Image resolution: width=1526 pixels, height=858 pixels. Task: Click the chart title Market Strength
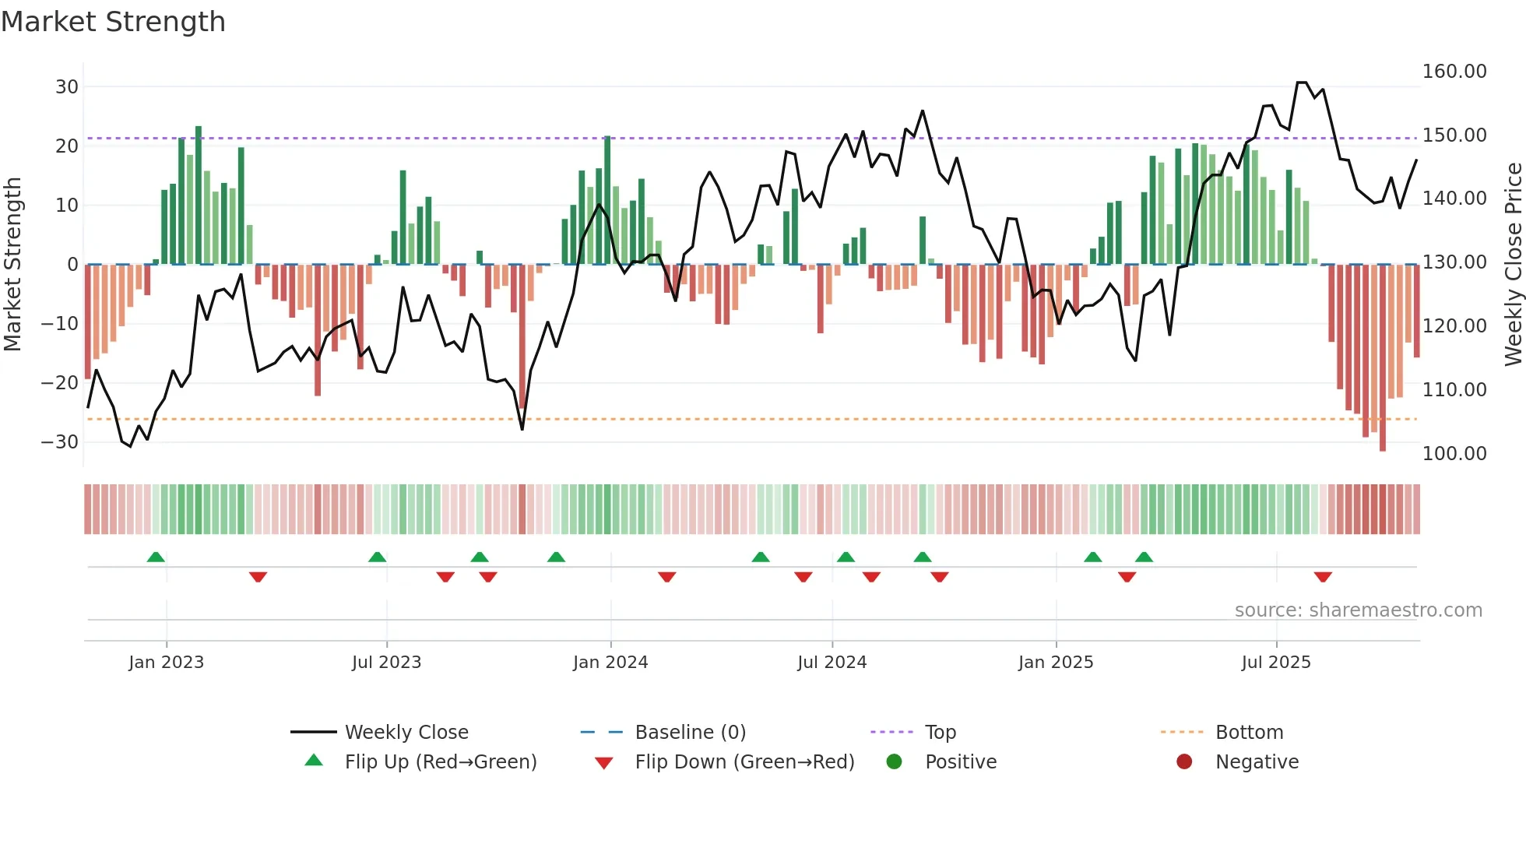[113, 22]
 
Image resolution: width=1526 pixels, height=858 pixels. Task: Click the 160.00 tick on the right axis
[1454, 72]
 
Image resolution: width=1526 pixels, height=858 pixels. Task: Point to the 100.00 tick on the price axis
[1454, 454]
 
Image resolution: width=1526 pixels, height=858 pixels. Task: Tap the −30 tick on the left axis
[60, 442]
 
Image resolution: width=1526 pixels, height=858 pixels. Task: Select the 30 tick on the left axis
[67, 87]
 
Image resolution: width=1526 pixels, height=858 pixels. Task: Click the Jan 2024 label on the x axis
[610, 663]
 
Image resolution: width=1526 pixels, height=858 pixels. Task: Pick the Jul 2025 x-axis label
[1276, 663]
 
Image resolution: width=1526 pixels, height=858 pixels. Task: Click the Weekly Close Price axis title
[1513, 265]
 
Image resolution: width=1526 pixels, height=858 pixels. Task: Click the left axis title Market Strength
[13, 265]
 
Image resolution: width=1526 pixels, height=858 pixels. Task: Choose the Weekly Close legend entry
[406, 733]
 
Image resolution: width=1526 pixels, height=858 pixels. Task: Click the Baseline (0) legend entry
[690, 733]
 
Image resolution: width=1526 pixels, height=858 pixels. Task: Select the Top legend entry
[940, 733]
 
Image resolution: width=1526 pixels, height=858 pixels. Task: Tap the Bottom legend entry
[1249, 733]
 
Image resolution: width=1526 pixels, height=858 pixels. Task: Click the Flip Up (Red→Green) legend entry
[441, 762]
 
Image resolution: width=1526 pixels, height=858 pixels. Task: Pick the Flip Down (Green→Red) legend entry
[744, 762]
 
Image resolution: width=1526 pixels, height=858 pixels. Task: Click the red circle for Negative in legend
[1184, 762]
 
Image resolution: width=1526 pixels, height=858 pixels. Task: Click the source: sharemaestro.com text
[1358, 610]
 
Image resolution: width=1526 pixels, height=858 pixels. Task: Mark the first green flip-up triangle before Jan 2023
[156, 557]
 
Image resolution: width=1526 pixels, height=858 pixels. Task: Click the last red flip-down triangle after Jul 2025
[1323, 577]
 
